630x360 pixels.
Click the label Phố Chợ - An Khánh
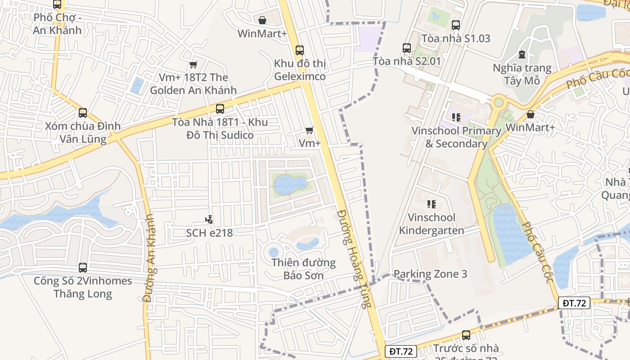pos(57,24)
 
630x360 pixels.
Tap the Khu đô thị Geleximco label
pos(300,70)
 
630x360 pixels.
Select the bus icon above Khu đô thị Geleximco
pos(300,50)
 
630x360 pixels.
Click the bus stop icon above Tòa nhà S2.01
pos(407,48)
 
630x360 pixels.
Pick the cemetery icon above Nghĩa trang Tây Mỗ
pos(522,54)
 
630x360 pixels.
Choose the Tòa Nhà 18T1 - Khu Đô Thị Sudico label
pos(220,129)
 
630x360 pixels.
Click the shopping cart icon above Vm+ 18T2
pos(193,65)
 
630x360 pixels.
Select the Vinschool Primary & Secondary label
pos(456,137)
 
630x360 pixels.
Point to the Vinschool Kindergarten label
pos(432,224)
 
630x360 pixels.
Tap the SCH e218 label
pos(209,233)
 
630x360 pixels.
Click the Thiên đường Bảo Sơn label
pos(304,269)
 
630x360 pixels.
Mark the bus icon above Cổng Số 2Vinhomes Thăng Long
pos(83,268)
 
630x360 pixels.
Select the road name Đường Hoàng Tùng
pos(354,259)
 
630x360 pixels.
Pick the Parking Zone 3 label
pos(430,274)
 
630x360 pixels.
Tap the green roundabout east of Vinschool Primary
pos(499,102)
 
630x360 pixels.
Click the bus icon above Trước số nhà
pos(466,335)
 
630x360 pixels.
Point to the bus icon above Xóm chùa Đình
pos(83,112)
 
